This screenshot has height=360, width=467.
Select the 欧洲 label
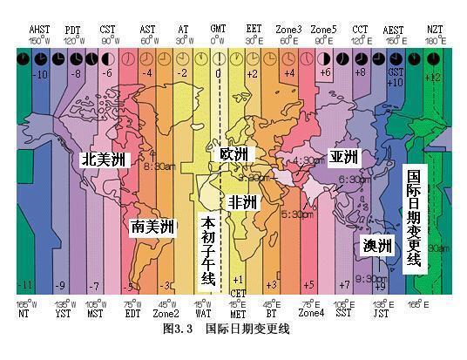click(233, 154)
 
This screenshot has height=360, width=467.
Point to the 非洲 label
click(243, 202)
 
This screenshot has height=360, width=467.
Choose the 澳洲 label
click(377, 246)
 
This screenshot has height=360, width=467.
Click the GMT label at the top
click(218, 29)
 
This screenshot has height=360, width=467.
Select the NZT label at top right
click(434, 29)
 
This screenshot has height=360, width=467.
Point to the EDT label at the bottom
click(132, 312)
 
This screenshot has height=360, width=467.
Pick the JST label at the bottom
click(381, 312)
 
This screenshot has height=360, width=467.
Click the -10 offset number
click(41, 75)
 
